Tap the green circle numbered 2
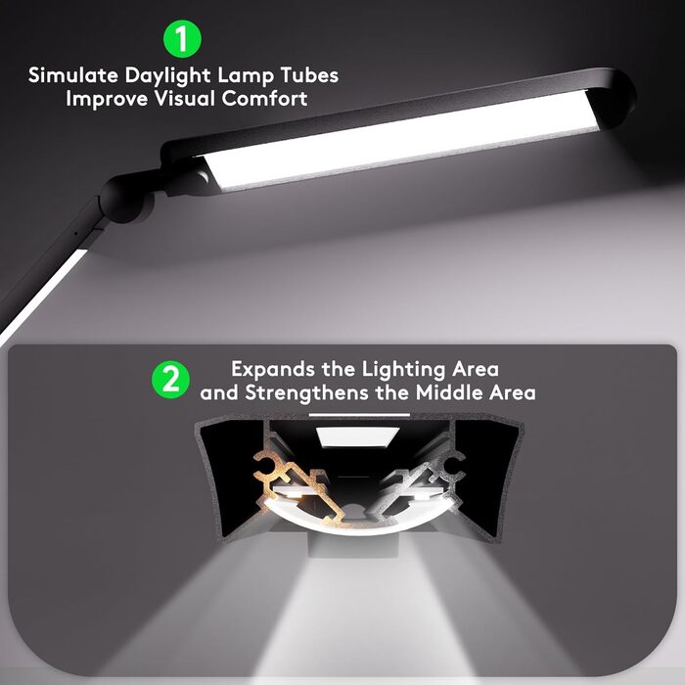tap(170, 380)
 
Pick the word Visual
tap(191, 99)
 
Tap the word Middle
tap(436, 392)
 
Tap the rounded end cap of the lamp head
tap(616, 93)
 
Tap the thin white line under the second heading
tap(345, 415)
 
